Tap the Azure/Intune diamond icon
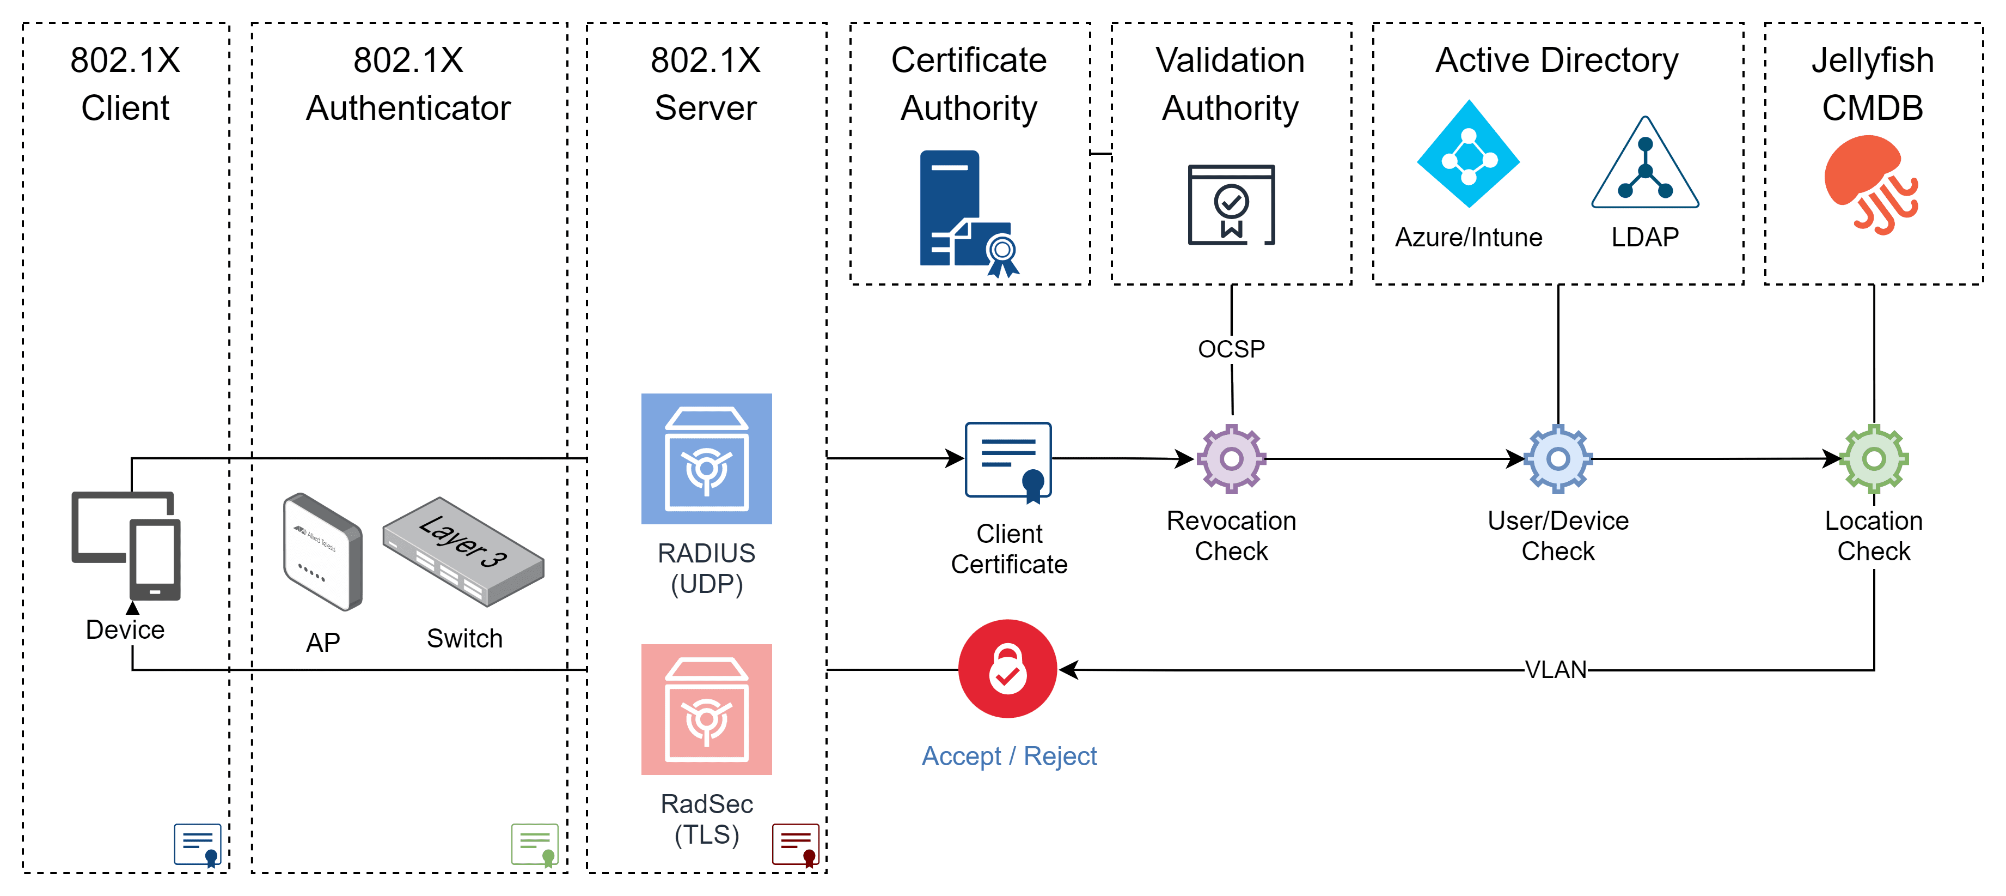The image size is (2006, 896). click(x=1468, y=154)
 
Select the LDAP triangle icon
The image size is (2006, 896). click(x=1644, y=165)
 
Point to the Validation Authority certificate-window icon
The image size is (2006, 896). click(x=1231, y=205)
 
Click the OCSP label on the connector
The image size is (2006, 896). click(x=1231, y=349)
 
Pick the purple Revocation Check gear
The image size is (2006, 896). click(x=1231, y=459)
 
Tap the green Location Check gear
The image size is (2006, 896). click(x=1874, y=459)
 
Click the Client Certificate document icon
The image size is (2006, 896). click(x=1008, y=461)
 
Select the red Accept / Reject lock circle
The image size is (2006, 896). click(x=1008, y=669)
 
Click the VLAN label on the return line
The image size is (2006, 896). click(x=1555, y=670)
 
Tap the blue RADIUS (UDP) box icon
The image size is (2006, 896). click(x=706, y=459)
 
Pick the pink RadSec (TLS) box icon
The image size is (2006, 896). click(x=706, y=709)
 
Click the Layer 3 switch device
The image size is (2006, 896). click(x=463, y=551)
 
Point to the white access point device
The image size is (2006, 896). click(x=322, y=551)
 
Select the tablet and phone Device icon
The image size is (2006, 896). click(x=126, y=546)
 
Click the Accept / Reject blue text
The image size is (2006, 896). click(x=1009, y=756)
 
